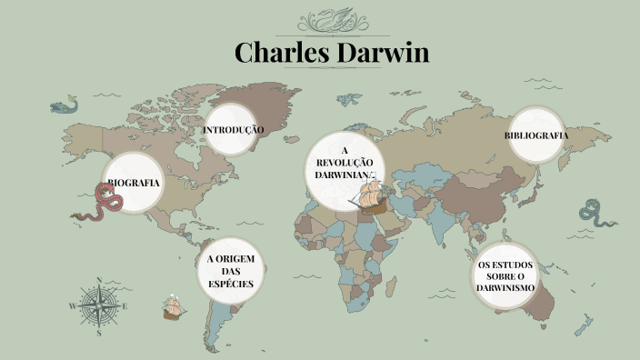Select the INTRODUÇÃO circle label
point(233,130)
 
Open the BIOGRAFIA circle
point(135,183)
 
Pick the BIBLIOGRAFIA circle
point(536,135)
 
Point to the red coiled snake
point(98,205)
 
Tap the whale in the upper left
point(64,105)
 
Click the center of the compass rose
point(97,307)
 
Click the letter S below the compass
point(98,334)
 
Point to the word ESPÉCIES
point(230,284)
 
